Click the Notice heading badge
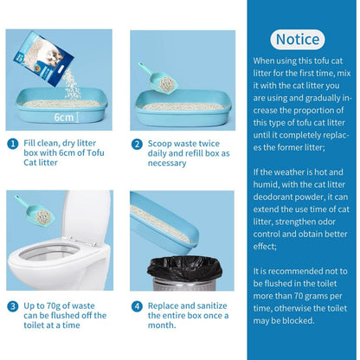(297, 39)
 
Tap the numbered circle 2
(137, 145)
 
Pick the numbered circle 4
(137, 305)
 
